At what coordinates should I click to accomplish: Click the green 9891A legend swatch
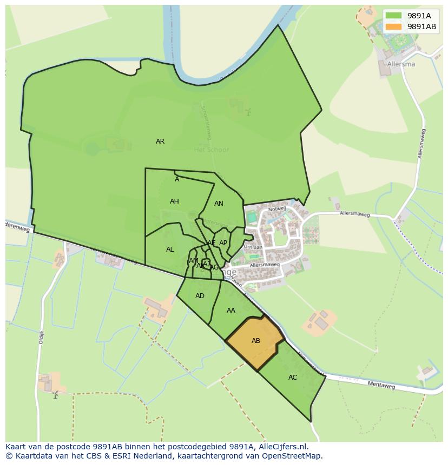[393, 16]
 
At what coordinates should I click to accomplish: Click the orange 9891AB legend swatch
[393, 26]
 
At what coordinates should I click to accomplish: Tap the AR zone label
[160, 141]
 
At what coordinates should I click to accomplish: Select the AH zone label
[174, 201]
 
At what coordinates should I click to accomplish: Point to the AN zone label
[219, 204]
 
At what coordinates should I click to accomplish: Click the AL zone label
[170, 250]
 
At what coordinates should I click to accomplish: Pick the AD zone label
[200, 296]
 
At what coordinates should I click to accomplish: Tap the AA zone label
[231, 311]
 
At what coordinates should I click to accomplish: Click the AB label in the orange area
[256, 341]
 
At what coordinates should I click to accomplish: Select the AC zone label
[293, 378]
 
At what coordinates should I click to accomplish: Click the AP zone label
[223, 243]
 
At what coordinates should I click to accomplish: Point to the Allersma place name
[401, 64]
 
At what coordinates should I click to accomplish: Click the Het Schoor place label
[212, 150]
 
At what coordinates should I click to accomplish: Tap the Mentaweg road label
[381, 386]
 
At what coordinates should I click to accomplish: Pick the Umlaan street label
[253, 246]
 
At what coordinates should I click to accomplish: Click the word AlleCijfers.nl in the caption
[283, 447]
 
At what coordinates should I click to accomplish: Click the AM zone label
[193, 261]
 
